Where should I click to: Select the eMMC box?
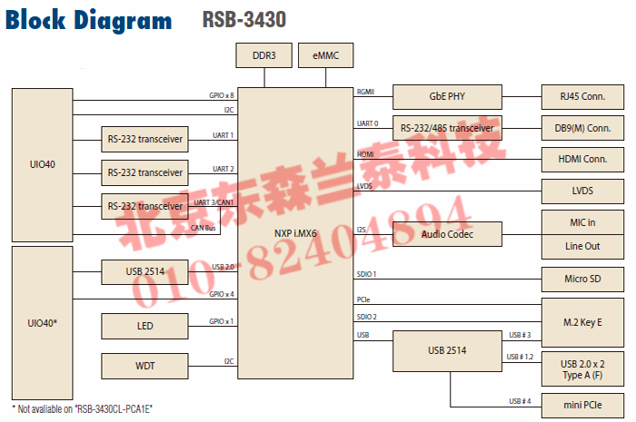324,56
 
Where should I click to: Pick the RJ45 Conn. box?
582,96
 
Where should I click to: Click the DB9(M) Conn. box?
582,128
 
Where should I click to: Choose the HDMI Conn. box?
582,160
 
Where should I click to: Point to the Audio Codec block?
446,234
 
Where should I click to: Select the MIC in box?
582,221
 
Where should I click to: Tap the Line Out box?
582,246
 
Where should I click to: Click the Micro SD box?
582,278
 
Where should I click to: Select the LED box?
144,326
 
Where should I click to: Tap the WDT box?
144,367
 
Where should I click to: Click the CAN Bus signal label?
204,228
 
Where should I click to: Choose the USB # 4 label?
520,400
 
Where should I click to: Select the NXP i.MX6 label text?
296,232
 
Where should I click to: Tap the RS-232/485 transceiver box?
446,128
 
